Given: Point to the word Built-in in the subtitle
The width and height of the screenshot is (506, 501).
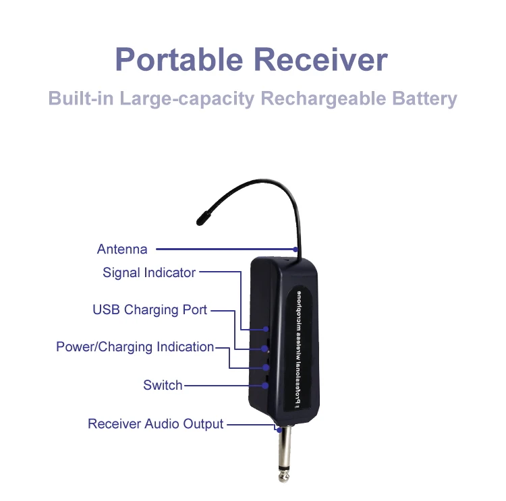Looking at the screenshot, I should point(82,98).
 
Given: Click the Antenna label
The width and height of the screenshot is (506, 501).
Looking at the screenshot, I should point(122,249).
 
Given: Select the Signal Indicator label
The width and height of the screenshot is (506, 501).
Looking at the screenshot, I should point(149,273).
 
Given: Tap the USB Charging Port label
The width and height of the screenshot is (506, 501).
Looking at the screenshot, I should point(150,310).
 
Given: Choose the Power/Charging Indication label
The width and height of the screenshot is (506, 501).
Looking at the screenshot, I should point(135,347).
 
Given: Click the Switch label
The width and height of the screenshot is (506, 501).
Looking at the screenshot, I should point(163,386).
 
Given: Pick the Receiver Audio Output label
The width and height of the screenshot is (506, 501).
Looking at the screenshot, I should point(155,424).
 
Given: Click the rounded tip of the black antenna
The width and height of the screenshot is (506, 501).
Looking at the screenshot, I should point(202,218).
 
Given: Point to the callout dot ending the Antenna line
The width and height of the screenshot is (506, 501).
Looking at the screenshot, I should point(295,249).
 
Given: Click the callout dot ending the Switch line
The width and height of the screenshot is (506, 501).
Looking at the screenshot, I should point(266,386).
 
